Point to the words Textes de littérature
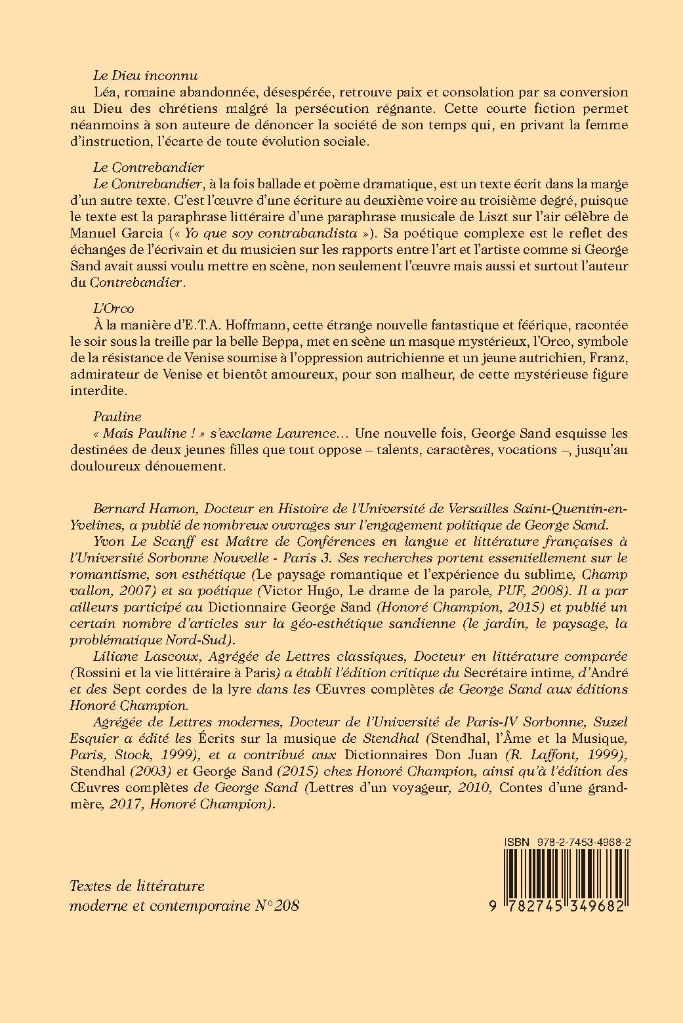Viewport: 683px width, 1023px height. tap(137, 886)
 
